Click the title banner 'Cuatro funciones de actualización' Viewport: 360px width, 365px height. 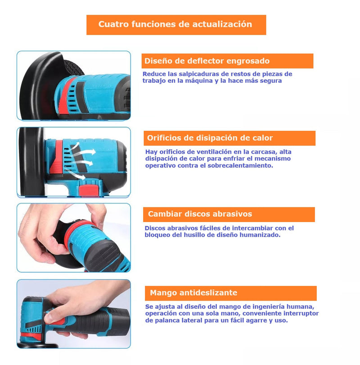point(176,25)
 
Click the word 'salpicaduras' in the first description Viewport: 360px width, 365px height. point(194,74)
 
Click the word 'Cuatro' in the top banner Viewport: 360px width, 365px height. point(112,25)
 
